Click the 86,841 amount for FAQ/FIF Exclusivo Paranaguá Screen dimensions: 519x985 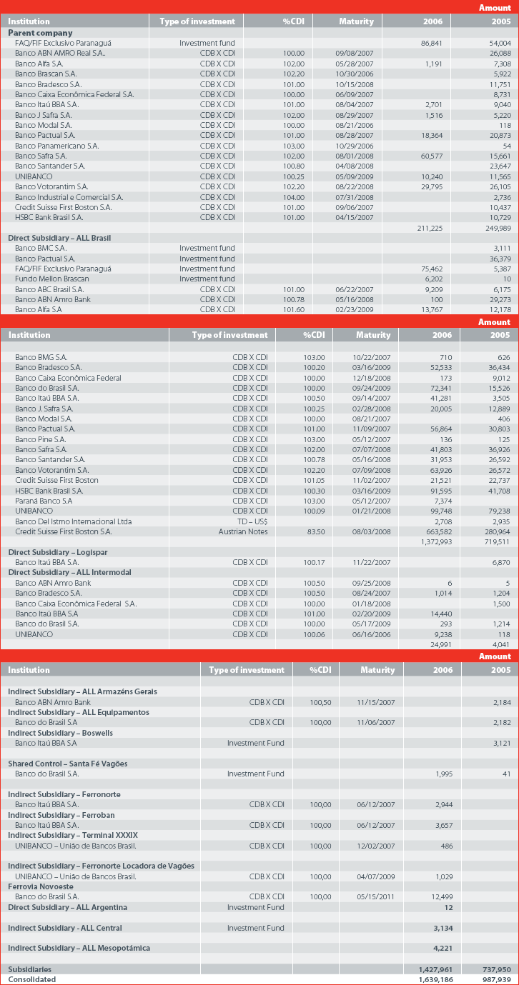click(x=431, y=43)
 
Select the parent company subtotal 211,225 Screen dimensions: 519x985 click(x=430, y=229)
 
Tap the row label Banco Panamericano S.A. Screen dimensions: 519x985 click(x=56, y=146)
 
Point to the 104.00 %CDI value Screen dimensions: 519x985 click(x=294, y=197)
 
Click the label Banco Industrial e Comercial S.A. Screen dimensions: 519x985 click(x=69, y=197)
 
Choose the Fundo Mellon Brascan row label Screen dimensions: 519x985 click(x=52, y=279)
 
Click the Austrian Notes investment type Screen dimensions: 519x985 click(x=243, y=531)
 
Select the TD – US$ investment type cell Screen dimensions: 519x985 click(x=252, y=521)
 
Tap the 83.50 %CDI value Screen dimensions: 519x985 click(x=316, y=531)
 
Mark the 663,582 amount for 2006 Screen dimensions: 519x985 click(x=439, y=531)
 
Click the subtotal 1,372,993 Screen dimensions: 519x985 click(x=436, y=541)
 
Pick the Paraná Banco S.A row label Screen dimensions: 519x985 click(x=44, y=501)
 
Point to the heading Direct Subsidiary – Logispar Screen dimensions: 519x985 click(x=58, y=552)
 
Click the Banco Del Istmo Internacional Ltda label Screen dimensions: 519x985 click(x=74, y=521)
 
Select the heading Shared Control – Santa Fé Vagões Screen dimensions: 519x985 click(x=68, y=764)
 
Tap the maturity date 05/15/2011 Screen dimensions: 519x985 click(x=375, y=896)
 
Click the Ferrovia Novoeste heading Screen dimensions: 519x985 click(x=41, y=886)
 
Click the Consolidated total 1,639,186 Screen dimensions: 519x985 click(x=435, y=979)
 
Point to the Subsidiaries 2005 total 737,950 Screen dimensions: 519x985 click(x=497, y=969)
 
